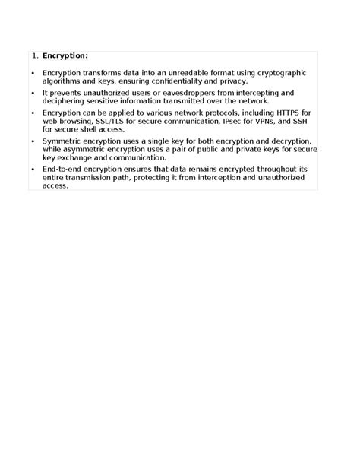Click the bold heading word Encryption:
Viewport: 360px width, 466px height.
65,55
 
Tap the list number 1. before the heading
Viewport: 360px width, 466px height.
35,55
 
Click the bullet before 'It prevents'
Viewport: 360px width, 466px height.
33,93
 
